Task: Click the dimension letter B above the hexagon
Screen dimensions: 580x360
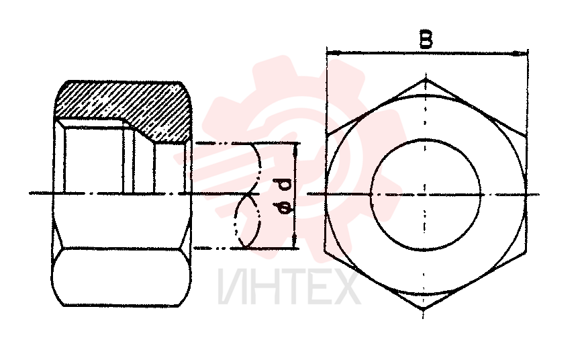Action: coord(426,40)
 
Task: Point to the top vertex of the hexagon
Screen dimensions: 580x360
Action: coord(426,79)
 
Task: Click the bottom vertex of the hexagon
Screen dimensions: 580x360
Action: coord(424,309)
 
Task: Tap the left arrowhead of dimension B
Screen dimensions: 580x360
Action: coord(333,53)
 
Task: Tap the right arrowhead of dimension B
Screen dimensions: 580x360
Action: coord(520,54)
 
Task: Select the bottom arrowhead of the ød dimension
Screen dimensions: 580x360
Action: coord(295,241)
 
